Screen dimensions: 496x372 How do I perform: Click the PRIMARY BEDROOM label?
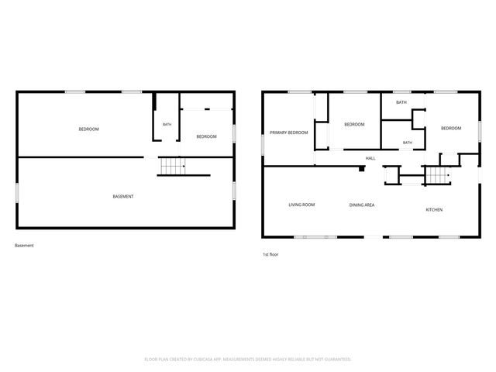coord(288,133)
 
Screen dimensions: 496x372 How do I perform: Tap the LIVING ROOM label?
coord(301,205)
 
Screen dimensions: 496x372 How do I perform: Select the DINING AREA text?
coord(362,205)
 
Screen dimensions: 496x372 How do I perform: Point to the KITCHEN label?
coord(434,210)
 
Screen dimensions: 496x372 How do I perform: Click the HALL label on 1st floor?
coord(370,158)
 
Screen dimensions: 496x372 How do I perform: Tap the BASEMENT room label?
coord(123,196)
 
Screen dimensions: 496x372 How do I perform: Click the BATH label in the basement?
coord(167,124)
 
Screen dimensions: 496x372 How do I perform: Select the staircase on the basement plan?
coord(173,166)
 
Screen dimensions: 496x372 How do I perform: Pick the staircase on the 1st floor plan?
coord(438,175)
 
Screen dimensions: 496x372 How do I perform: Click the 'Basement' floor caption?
coord(24,245)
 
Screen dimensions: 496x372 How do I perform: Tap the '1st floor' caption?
coord(270,254)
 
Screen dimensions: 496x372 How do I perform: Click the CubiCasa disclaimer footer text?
coord(248,360)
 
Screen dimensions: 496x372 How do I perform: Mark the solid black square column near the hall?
coord(362,169)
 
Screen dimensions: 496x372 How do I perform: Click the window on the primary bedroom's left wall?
coord(263,145)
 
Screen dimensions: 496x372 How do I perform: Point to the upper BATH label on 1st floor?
coord(401,102)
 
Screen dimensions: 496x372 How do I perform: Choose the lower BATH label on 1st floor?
coord(408,143)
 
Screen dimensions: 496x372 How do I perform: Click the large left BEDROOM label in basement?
coord(88,129)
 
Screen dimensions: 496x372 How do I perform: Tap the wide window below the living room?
coord(315,237)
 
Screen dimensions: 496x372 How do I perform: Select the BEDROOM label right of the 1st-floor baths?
coord(451,128)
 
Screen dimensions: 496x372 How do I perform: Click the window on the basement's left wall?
coord(17,193)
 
